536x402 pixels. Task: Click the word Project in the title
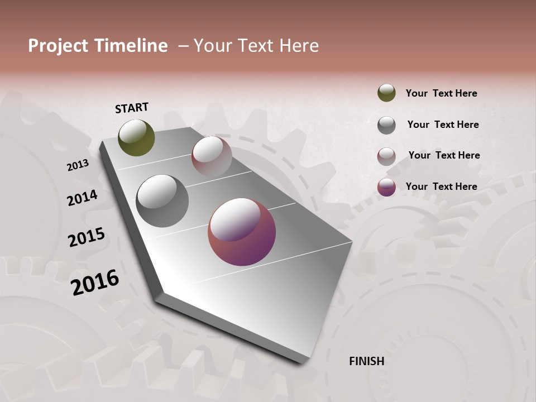(58, 46)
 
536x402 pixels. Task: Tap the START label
(132, 108)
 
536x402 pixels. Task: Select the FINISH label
(367, 361)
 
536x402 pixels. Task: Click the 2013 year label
(78, 165)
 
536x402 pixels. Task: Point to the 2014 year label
(83, 198)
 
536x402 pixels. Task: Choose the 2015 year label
(87, 237)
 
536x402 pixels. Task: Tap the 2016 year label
(95, 282)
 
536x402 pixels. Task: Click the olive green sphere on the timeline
(136, 137)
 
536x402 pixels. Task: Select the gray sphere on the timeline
(162, 201)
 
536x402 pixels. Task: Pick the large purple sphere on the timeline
(242, 232)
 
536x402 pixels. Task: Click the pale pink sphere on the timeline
(212, 156)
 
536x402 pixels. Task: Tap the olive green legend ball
(386, 93)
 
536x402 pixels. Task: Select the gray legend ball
(386, 125)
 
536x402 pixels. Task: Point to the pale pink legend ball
(386, 156)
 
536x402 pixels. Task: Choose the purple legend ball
(386, 187)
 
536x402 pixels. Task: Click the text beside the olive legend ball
(442, 93)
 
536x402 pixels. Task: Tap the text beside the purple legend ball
(442, 186)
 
